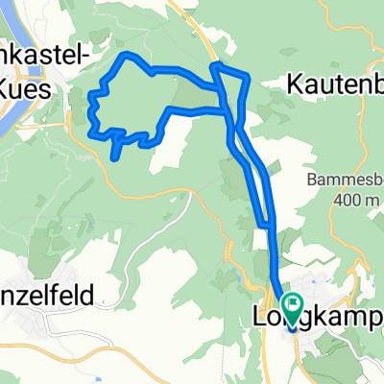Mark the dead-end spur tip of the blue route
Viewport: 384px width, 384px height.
point(115,157)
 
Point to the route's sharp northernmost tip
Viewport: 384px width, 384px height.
point(215,65)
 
